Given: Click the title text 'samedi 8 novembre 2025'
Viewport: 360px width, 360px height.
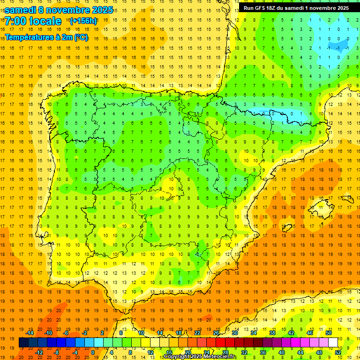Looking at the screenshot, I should (59, 10).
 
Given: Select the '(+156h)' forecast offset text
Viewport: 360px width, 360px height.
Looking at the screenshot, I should (83, 21).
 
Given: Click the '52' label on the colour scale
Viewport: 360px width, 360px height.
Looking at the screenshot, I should (337, 352).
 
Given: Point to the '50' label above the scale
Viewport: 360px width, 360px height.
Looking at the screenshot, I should (328, 333).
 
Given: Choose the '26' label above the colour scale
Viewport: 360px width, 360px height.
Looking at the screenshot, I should (216, 333).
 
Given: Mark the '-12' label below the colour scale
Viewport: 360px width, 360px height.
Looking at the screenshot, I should (39, 352).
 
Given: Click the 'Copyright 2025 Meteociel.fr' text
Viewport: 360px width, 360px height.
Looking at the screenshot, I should (200, 357).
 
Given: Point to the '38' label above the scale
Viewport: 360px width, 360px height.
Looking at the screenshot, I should (272, 333).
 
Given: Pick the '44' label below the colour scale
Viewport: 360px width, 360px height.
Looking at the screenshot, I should (300, 352).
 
